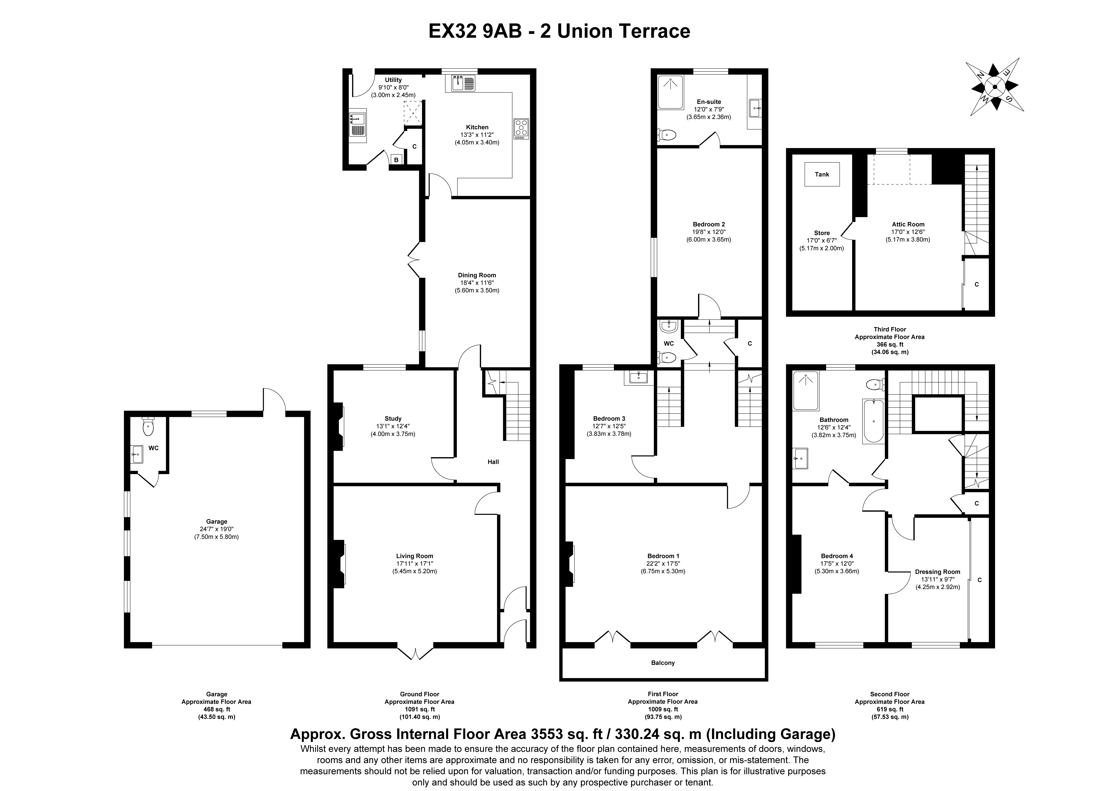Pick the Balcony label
663,663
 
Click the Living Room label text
414,556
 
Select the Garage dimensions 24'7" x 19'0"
216,529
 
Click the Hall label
493,462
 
